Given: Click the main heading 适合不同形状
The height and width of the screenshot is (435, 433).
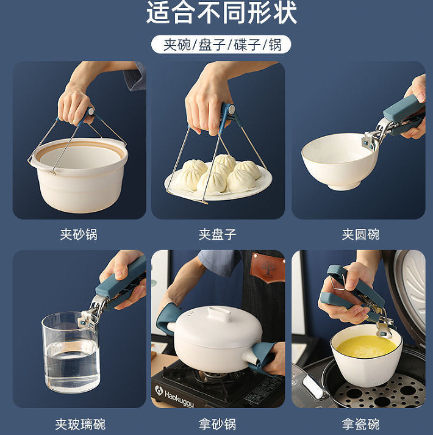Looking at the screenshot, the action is (x=221, y=12).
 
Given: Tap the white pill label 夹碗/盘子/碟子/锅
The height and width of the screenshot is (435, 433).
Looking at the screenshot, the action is (x=221, y=45).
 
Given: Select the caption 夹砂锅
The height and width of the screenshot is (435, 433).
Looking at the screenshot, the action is (x=79, y=234).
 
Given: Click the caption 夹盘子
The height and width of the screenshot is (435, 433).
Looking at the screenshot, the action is (x=218, y=234).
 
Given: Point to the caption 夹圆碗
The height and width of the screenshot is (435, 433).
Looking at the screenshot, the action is (x=360, y=234).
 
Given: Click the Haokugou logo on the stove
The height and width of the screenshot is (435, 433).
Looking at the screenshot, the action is (x=175, y=395).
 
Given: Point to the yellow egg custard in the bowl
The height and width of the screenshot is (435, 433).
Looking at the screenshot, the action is (x=367, y=347).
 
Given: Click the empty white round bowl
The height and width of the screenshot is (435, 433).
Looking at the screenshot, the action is (x=340, y=161).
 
